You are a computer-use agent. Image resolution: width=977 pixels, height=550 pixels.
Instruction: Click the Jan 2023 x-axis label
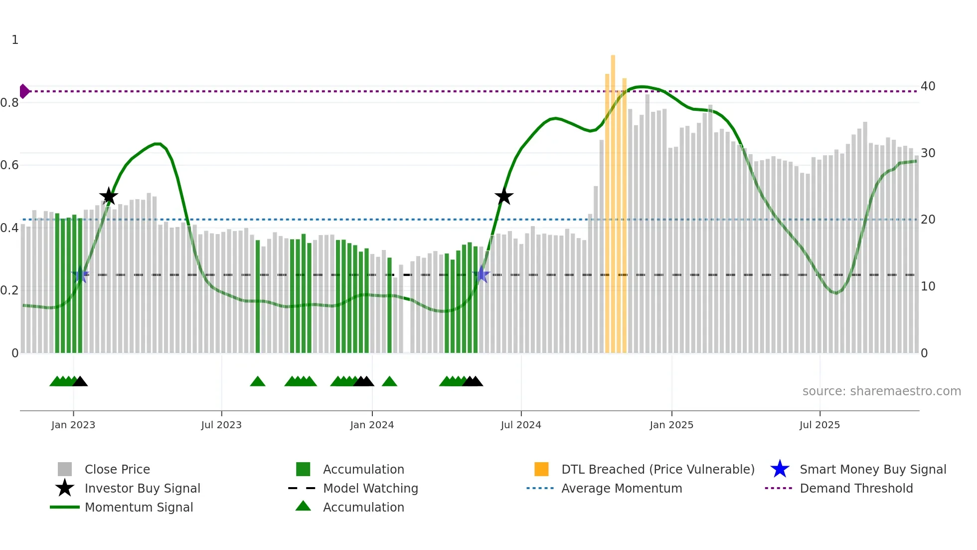(73, 425)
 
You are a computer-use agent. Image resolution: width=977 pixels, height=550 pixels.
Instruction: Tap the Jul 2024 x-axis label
(521, 425)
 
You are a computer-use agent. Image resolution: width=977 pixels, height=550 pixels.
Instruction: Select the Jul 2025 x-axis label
(819, 425)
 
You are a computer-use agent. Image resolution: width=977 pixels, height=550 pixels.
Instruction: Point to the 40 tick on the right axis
(928, 86)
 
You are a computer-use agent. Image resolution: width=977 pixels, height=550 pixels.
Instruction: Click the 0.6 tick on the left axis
(9, 165)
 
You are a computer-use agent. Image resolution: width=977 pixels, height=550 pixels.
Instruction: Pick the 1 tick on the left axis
(15, 40)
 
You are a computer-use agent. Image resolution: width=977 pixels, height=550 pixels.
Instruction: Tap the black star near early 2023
(109, 196)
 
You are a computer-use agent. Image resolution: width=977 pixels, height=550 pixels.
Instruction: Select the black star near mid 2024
(504, 196)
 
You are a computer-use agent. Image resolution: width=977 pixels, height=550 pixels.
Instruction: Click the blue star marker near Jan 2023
(80, 275)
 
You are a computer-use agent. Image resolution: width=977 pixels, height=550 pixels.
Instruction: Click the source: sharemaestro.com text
(881, 391)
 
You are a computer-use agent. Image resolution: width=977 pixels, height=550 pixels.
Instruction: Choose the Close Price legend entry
(117, 469)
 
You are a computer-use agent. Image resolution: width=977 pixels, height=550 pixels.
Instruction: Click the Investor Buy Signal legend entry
(142, 488)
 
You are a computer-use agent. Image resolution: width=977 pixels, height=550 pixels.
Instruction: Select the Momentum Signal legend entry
(139, 507)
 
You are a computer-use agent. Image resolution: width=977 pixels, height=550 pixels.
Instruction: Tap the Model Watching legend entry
(370, 488)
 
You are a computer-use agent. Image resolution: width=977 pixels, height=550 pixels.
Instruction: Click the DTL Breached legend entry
(657, 469)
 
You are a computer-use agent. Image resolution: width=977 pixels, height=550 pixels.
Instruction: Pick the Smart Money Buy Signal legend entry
(872, 469)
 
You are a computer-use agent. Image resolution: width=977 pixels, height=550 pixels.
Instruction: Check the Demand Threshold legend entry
(856, 488)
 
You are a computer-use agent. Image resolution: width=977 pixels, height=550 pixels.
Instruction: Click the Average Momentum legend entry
(622, 488)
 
